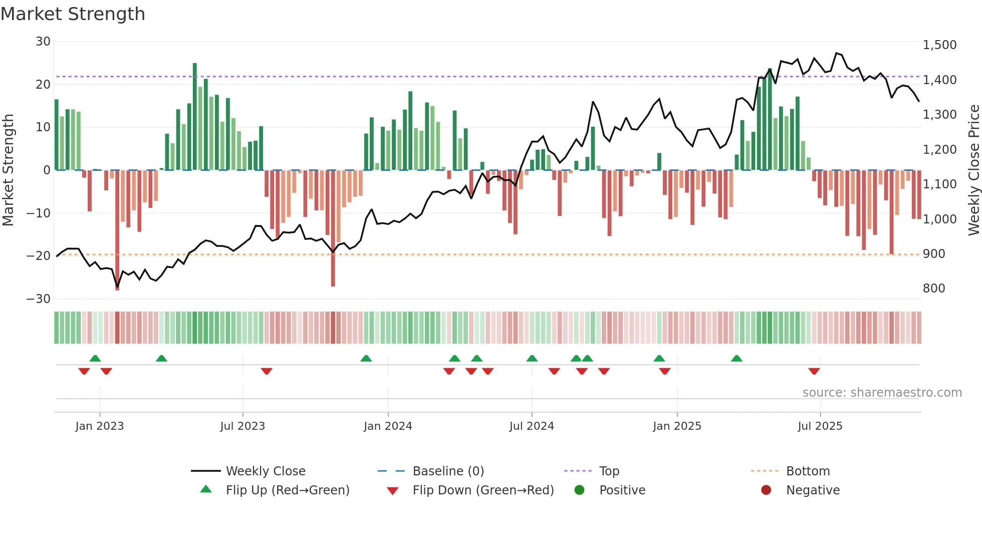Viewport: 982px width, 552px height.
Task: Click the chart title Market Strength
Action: tap(73, 14)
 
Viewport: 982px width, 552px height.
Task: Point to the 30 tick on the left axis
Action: tap(43, 42)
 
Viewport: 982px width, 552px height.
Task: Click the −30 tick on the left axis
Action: tap(39, 299)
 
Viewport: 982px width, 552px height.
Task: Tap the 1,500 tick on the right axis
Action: tap(939, 45)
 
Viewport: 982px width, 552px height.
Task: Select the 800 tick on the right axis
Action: tap(934, 289)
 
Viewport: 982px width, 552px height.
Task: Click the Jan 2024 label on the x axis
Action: tap(388, 426)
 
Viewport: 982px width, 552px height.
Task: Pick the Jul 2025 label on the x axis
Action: tap(820, 426)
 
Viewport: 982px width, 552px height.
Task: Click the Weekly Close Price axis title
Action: tap(973, 170)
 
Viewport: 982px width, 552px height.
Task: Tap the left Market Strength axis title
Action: tap(9, 170)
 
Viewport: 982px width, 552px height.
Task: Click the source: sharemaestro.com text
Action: tap(882, 393)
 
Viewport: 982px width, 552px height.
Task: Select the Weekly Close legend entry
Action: tap(265, 471)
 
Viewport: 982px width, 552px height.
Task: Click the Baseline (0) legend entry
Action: tap(448, 471)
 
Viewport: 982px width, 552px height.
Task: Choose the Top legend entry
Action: tap(609, 471)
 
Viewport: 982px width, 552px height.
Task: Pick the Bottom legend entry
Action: tap(808, 471)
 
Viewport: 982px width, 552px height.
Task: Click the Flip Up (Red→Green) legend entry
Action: tap(287, 490)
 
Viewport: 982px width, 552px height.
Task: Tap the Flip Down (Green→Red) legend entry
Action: tap(483, 490)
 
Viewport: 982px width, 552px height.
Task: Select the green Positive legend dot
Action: tap(580, 490)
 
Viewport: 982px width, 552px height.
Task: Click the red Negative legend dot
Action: tap(766, 490)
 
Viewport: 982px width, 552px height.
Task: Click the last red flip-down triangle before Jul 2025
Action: tap(814, 371)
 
